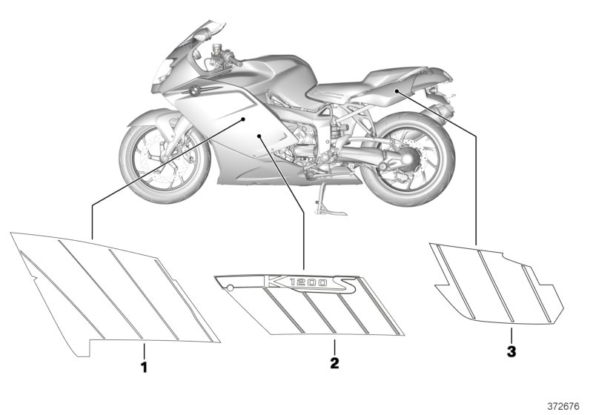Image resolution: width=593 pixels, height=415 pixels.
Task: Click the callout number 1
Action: tap(144, 367)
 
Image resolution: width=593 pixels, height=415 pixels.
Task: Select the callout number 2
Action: tap(334, 363)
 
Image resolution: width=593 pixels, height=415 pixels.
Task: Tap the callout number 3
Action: tap(511, 352)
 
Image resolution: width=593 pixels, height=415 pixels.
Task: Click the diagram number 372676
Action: tap(563, 406)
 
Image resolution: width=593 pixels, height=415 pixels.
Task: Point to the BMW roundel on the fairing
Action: tap(194, 90)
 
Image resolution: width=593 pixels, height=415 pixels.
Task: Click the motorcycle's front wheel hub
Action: tap(165, 158)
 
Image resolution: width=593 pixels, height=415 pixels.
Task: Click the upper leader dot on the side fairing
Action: tap(244, 119)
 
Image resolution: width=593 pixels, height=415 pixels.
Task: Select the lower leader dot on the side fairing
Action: tap(259, 136)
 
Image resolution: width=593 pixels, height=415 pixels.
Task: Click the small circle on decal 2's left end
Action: tap(230, 288)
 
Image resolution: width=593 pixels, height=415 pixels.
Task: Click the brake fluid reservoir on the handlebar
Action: tap(216, 49)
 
